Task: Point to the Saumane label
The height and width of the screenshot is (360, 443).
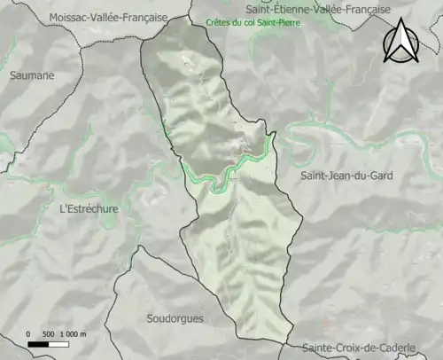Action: [32, 75]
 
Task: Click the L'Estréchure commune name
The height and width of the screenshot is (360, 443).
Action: [88, 209]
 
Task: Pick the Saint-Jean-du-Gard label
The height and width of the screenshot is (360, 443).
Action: [346, 176]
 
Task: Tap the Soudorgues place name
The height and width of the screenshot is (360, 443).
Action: [174, 317]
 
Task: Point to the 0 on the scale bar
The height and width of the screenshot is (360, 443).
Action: [29, 333]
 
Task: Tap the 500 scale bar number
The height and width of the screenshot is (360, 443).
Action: [50, 333]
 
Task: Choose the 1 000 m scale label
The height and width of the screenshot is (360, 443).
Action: [74, 333]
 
